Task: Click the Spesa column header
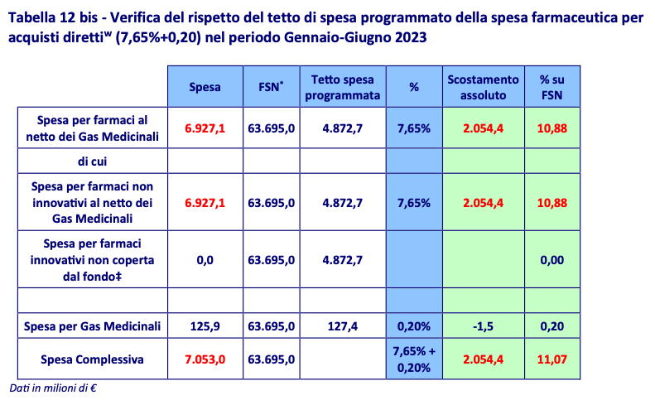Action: pyautogui.click(x=204, y=86)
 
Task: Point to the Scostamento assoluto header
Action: pyautogui.click(x=483, y=86)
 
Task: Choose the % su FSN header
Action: pyautogui.click(x=551, y=86)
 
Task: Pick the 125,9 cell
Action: pyautogui.click(x=203, y=326)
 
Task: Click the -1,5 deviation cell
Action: pyautogui.click(x=483, y=326)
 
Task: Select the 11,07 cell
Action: pyautogui.click(x=551, y=359)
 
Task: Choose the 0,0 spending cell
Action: pyautogui.click(x=203, y=260)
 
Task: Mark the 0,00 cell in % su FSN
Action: pyautogui.click(x=551, y=260)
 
